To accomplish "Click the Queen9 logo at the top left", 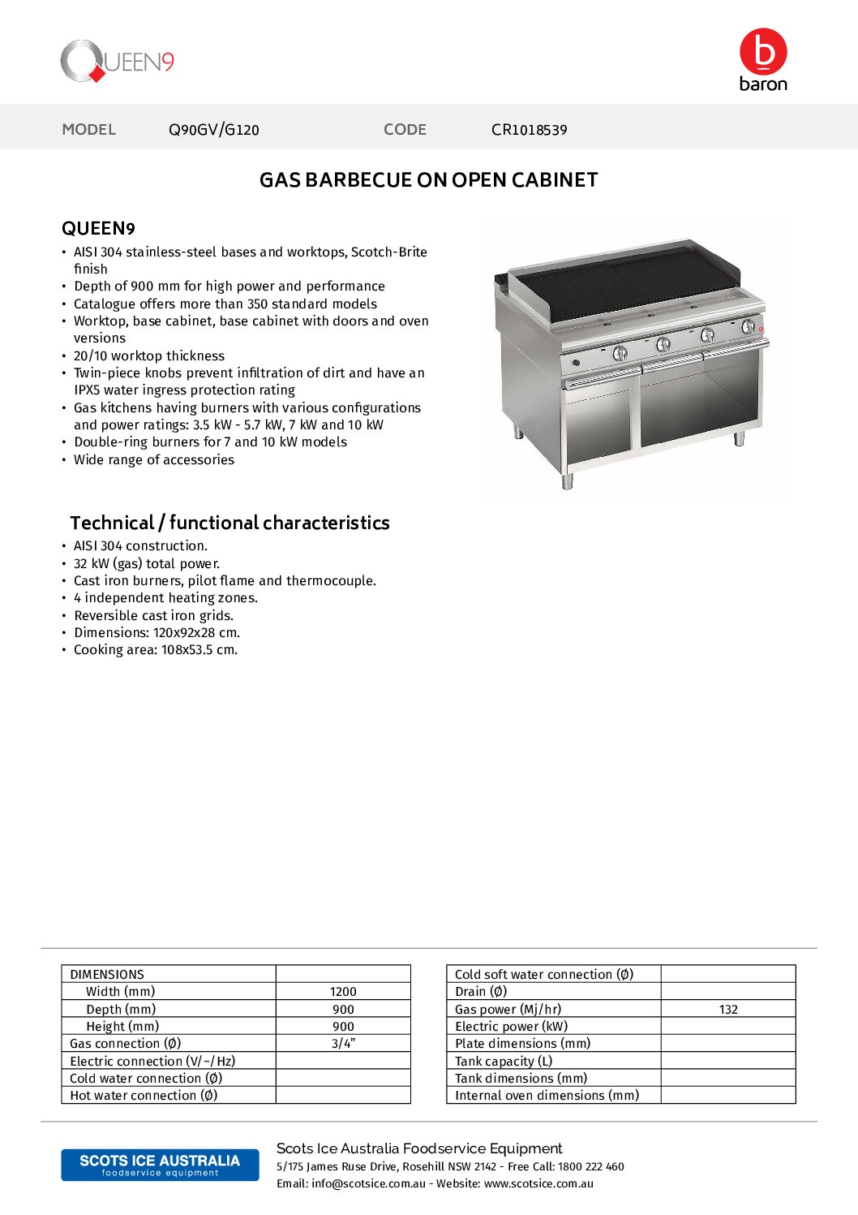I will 117,62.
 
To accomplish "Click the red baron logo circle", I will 763,52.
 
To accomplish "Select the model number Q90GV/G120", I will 214,130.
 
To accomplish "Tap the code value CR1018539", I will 529,130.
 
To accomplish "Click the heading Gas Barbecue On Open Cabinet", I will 428,180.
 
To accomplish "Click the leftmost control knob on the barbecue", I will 620,352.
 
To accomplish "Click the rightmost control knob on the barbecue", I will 748,326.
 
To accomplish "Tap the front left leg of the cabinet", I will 567,480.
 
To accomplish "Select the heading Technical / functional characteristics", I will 230,523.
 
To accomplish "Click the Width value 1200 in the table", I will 343,992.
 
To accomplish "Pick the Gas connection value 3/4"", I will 343,1044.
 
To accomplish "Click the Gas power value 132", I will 728,1010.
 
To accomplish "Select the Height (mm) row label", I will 122,1027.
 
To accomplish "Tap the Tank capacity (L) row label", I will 504,1062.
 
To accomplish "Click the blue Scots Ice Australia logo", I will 160,1165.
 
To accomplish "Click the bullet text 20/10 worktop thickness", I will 149,356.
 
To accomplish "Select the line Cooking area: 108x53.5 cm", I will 156,650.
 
